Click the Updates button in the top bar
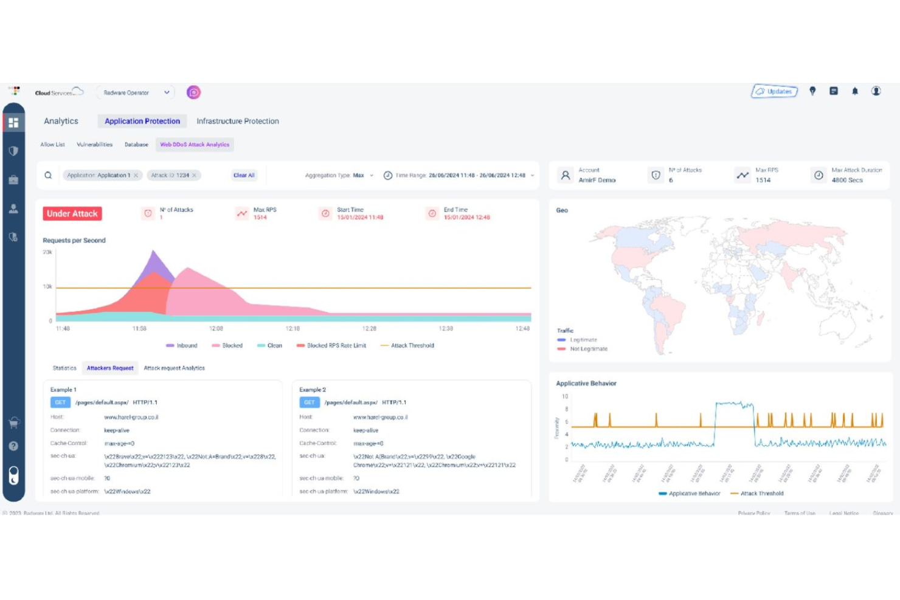[774, 91]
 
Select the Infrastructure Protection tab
[237, 121]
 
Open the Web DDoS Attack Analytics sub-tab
[195, 145]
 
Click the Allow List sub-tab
[52, 145]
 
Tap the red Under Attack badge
[72, 213]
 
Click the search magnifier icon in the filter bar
[48, 175]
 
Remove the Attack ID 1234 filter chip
[195, 175]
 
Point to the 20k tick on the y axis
[47, 252]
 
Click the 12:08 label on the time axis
[216, 328]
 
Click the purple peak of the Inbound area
[154, 254]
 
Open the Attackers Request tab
[110, 368]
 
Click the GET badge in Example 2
[309, 402]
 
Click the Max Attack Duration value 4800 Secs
[847, 180]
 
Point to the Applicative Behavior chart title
[586, 383]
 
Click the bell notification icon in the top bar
[854, 91]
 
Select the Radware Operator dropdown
[135, 92]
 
